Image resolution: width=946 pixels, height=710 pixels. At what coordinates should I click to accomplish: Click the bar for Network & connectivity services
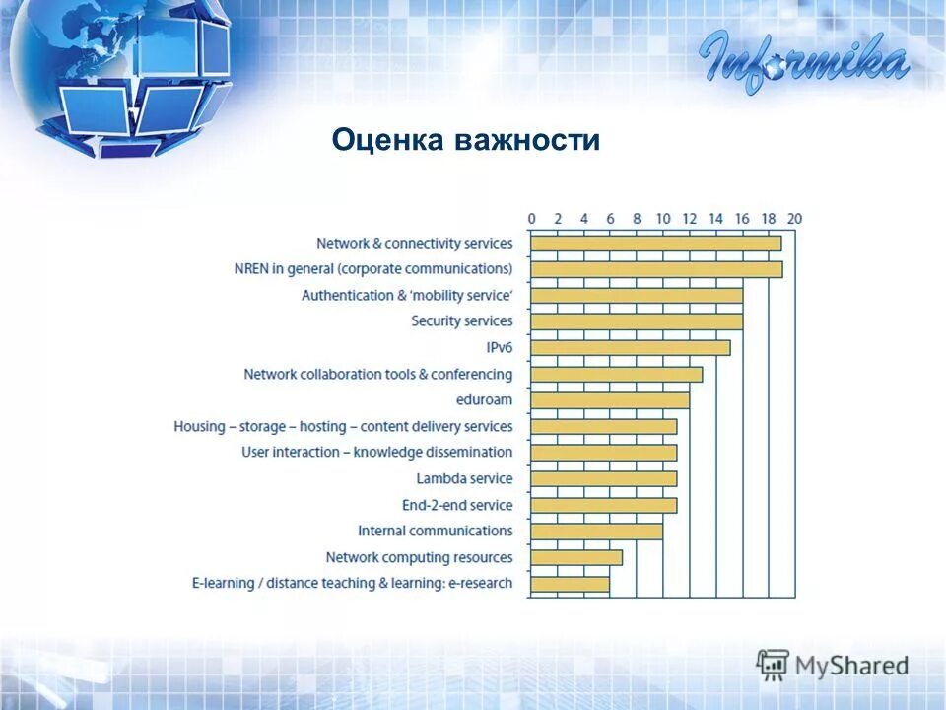pyautogui.click(x=655, y=244)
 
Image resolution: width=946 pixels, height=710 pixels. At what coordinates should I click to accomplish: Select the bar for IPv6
pyautogui.click(x=630, y=347)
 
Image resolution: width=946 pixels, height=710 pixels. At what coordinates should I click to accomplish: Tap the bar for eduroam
pyautogui.click(x=610, y=400)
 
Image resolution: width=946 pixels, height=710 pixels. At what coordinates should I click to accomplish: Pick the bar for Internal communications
pyautogui.click(x=596, y=532)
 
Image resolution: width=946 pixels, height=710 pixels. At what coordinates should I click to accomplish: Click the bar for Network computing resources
pyautogui.click(x=576, y=557)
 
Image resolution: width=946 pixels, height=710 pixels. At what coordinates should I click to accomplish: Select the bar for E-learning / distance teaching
pyautogui.click(x=570, y=584)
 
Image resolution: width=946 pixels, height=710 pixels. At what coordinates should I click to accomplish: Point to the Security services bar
pyautogui.click(x=637, y=321)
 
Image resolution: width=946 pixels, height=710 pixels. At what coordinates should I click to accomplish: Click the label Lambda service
pyautogui.click(x=464, y=479)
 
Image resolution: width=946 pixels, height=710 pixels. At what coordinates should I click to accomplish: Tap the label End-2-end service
pyautogui.click(x=457, y=505)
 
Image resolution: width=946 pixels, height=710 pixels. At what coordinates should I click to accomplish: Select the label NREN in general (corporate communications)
pyautogui.click(x=373, y=269)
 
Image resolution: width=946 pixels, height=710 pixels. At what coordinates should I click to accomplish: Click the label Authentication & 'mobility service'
pyautogui.click(x=407, y=295)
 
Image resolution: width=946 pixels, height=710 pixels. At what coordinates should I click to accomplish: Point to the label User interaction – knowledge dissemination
pyautogui.click(x=377, y=453)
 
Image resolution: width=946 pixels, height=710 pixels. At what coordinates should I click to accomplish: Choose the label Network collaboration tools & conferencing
pyautogui.click(x=378, y=374)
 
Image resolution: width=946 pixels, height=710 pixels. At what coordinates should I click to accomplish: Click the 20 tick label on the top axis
pyautogui.click(x=794, y=219)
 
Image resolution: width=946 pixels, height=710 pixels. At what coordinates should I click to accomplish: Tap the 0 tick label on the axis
pyautogui.click(x=531, y=219)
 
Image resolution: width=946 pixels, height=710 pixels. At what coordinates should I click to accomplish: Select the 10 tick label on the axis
pyautogui.click(x=663, y=219)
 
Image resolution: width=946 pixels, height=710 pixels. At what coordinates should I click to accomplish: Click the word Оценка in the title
pyautogui.click(x=388, y=140)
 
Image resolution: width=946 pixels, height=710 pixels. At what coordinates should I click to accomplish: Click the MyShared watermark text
pyautogui.click(x=851, y=666)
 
